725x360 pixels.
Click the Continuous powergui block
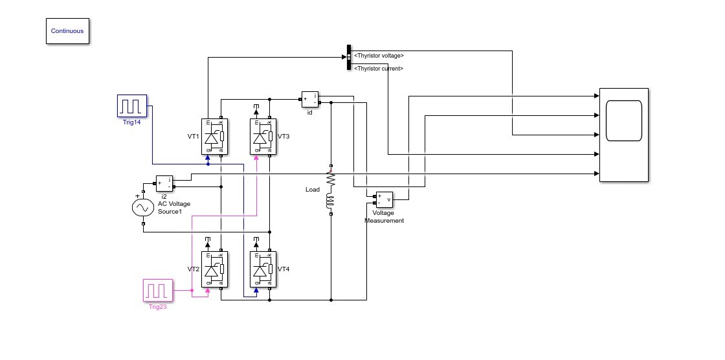tap(67, 31)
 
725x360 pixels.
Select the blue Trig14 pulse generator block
tap(132, 106)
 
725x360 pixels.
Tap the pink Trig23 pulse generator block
tap(158, 291)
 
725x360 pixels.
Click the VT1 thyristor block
tap(214, 137)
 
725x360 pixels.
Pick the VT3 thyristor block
tap(263, 137)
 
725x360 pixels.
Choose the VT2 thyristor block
tap(214, 269)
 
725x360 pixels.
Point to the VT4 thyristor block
tap(263, 269)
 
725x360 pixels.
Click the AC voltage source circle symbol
tap(143, 208)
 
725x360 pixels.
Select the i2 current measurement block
tap(164, 184)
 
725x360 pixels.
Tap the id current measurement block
tap(310, 100)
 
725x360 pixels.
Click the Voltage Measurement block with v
tap(385, 200)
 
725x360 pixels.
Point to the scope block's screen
tap(624, 121)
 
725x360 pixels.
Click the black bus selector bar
tap(349, 58)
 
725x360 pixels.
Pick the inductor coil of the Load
tap(331, 202)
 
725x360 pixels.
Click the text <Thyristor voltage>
tap(379, 56)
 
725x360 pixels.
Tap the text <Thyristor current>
tap(379, 69)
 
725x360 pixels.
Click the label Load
tap(313, 190)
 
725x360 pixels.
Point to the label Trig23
tap(158, 307)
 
